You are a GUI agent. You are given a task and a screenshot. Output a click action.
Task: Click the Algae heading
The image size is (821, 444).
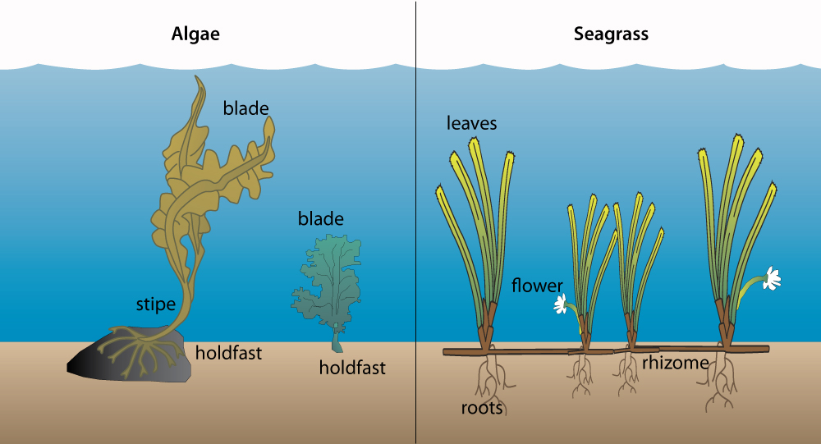195,34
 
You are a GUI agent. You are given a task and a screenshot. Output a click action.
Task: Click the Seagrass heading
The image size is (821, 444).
611,34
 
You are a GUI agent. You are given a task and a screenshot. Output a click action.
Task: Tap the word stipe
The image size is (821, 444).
155,304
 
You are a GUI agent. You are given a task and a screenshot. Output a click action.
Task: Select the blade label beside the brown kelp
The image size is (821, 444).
246,108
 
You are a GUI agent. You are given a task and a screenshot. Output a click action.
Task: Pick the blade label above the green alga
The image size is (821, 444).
320,219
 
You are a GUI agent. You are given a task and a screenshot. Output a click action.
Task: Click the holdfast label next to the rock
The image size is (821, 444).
228,353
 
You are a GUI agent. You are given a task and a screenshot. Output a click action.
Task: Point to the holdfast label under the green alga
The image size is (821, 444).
352,368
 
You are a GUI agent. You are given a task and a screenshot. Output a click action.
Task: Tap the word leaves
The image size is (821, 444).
471,123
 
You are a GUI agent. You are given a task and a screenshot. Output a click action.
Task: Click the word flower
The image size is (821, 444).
537,286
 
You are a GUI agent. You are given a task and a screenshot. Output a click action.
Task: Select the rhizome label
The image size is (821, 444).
676,362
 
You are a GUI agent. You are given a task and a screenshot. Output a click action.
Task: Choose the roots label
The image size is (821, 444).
482,408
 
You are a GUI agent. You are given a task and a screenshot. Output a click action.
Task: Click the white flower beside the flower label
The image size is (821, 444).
561,304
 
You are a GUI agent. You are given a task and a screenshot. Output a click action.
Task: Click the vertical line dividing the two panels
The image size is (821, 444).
416,222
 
